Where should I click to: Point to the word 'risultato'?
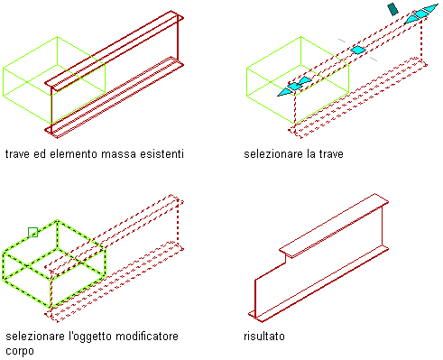pos(264,336)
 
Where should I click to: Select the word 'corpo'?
pos(20,351)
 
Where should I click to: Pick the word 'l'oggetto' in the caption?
pos(90,337)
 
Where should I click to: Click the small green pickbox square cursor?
pos(32,232)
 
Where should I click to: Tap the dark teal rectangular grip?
pos(392,9)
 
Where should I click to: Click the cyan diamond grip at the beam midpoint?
pos(358,50)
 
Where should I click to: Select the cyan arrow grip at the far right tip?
pos(430,9)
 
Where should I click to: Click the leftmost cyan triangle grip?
pos(285,92)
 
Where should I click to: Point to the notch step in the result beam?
pos(285,258)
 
